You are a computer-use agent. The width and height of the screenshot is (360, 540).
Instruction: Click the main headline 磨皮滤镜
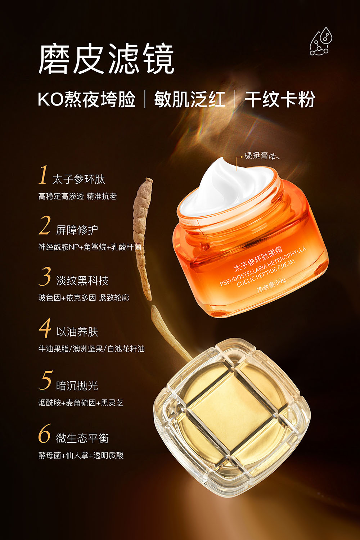point(106,59)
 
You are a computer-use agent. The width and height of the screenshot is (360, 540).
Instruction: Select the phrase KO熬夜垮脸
point(86,99)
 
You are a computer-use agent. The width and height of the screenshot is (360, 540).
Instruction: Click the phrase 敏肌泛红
point(190,99)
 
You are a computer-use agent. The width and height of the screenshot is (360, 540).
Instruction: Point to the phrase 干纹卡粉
point(280,99)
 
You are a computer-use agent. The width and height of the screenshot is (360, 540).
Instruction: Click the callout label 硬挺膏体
point(262,156)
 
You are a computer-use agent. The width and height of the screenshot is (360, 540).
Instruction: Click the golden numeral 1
point(44,175)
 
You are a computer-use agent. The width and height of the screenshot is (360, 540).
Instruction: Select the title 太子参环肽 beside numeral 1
point(78,179)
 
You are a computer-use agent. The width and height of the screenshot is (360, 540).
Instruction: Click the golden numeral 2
point(45,225)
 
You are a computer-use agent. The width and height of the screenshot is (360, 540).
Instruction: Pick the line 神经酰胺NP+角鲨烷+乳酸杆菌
point(90,247)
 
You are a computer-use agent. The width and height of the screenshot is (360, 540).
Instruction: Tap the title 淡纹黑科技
point(82,280)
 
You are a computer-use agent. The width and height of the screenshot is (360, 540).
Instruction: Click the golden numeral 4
point(45,328)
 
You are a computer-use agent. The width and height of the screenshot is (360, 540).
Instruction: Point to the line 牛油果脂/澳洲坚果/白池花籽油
point(92,348)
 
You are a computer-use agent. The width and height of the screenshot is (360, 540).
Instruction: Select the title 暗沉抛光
point(77,386)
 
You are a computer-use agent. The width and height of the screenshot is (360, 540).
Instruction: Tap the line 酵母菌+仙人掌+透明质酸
point(81,455)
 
